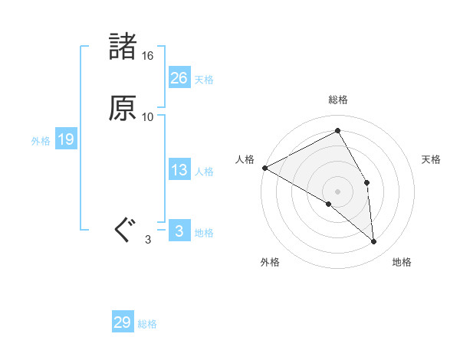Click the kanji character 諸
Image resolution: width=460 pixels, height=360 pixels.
123,47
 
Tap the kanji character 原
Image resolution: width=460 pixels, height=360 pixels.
123,108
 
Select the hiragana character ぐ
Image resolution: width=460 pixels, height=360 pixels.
123,229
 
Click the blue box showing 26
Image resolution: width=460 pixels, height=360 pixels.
179,78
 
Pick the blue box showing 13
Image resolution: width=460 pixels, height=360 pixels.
179,170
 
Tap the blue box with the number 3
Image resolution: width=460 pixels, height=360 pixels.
179,231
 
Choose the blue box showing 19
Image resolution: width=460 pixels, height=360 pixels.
65,139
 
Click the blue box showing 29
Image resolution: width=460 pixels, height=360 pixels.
123,322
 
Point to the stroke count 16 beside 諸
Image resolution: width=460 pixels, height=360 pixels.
148,56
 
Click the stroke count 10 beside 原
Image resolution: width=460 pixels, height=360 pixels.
148,117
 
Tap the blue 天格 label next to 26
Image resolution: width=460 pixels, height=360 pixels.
204,80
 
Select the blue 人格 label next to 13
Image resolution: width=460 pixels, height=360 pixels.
204,172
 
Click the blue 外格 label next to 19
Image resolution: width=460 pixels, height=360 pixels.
41,141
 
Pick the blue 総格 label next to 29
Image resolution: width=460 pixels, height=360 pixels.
147,324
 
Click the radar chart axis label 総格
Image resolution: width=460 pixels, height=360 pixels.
338,100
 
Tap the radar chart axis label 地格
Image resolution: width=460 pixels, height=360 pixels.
402,263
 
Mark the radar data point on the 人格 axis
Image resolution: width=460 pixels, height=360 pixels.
264,168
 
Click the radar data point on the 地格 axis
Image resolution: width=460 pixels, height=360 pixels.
373,241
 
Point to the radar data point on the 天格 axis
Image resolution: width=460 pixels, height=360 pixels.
367,182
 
